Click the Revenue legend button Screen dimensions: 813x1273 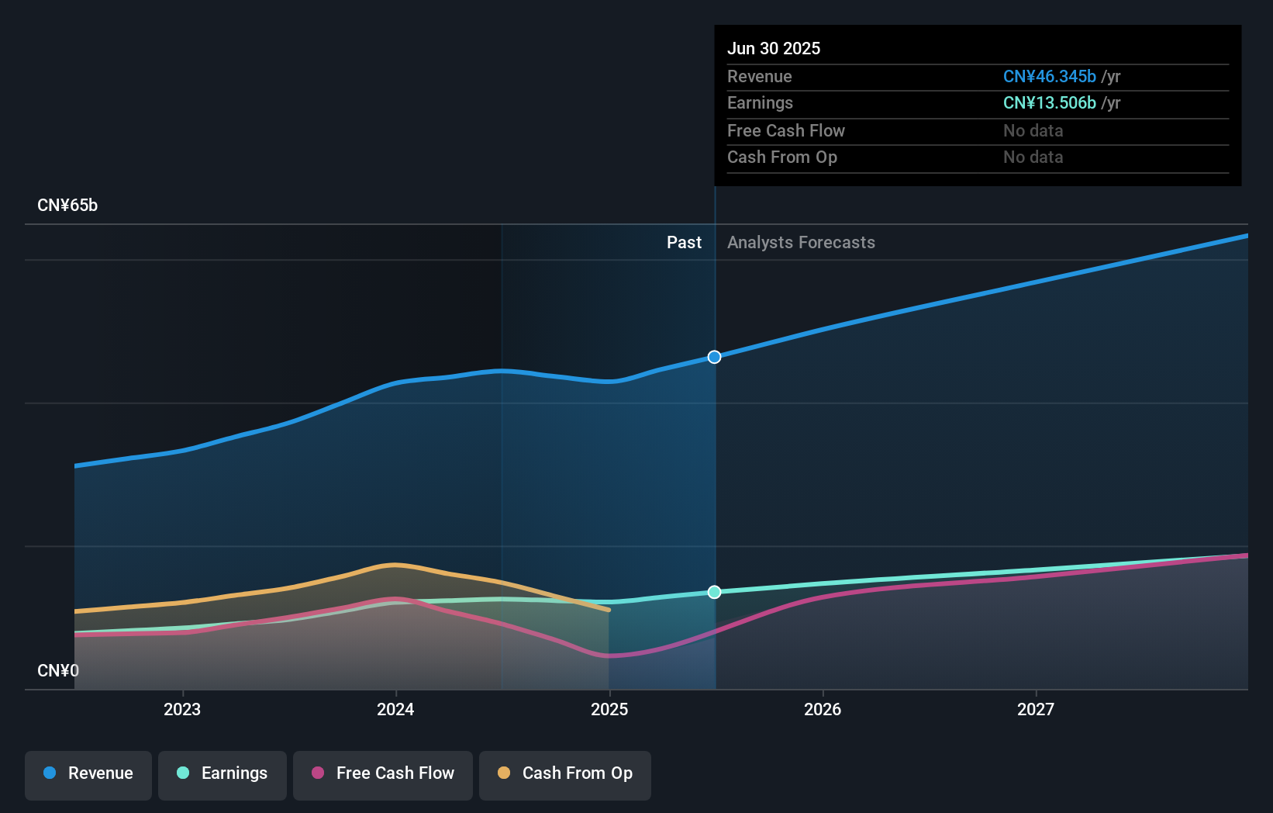click(x=88, y=773)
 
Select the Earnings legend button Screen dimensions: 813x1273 click(x=223, y=773)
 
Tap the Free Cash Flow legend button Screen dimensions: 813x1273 click(x=383, y=773)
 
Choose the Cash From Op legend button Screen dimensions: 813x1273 click(x=565, y=773)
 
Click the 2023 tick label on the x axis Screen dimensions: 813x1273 click(x=182, y=709)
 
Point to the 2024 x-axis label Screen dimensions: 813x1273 click(x=395, y=709)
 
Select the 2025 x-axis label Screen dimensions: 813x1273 click(x=609, y=709)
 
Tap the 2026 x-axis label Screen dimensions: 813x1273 click(x=823, y=709)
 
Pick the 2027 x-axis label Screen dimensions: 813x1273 click(x=1036, y=709)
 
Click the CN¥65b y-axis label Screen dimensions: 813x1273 click(x=67, y=206)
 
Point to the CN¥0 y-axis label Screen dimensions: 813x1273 click(x=58, y=670)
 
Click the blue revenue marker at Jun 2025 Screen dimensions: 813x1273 click(x=714, y=357)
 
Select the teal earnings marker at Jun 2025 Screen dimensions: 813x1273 click(x=714, y=592)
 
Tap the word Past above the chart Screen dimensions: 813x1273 click(x=684, y=243)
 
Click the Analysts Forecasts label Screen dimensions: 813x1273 click(x=801, y=243)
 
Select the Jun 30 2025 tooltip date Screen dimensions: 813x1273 click(x=774, y=48)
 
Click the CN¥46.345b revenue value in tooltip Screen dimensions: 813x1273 click(x=1049, y=76)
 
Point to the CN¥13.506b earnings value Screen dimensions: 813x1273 click(x=1049, y=103)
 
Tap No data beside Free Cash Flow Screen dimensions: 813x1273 click(x=1033, y=130)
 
